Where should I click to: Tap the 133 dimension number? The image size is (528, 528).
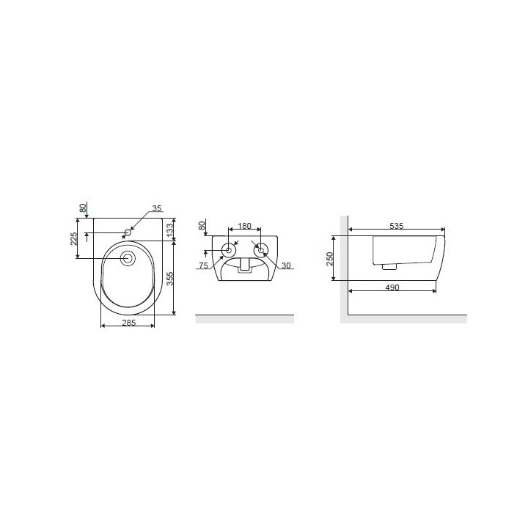pyautogui.click(x=169, y=230)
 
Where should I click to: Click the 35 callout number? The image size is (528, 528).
pyautogui.click(x=155, y=209)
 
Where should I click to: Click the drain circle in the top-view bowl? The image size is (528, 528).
pyautogui.click(x=128, y=258)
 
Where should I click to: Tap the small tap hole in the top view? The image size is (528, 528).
pyautogui.click(x=128, y=233)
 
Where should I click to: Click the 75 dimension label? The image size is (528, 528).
pyautogui.click(x=204, y=265)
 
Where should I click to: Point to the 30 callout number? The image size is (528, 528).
pyautogui.click(x=285, y=265)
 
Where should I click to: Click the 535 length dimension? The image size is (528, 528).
pyautogui.click(x=396, y=226)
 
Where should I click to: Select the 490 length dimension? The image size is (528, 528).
pyautogui.click(x=392, y=287)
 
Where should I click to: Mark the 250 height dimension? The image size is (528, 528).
pyautogui.click(x=331, y=258)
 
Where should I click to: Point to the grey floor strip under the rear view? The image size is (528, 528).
pyautogui.click(x=244, y=318)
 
